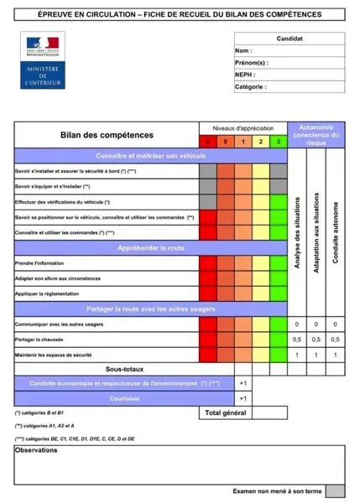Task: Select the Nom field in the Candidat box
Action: (290, 51)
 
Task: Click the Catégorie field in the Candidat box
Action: (290, 86)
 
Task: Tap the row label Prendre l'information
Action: (40, 263)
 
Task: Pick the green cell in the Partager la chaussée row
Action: (278, 340)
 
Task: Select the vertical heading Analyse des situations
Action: (297, 234)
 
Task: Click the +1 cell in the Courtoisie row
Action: (243, 398)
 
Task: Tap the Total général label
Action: (224, 413)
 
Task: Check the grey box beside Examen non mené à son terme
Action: (335, 491)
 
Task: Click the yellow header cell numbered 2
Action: (261, 142)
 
